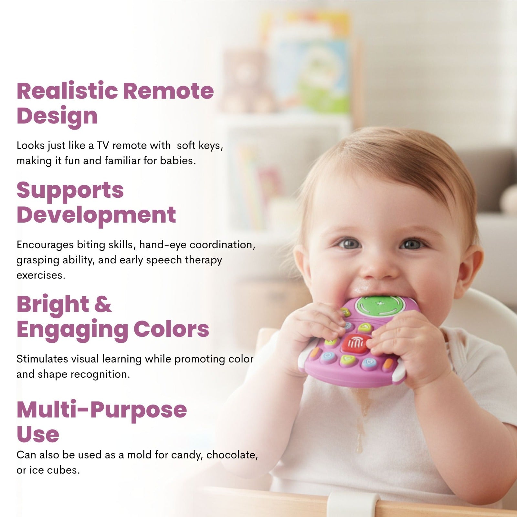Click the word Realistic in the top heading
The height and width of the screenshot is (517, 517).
tap(67, 91)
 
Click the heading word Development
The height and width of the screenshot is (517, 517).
tap(96, 215)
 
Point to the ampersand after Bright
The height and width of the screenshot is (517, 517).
tap(103, 304)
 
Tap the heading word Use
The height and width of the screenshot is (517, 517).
tap(38, 434)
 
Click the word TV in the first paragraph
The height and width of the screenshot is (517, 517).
tap(103, 145)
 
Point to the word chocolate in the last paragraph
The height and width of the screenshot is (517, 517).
tap(232, 455)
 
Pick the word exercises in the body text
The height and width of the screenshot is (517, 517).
tap(41, 275)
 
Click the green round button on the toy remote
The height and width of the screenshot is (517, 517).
tap(380, 306)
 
